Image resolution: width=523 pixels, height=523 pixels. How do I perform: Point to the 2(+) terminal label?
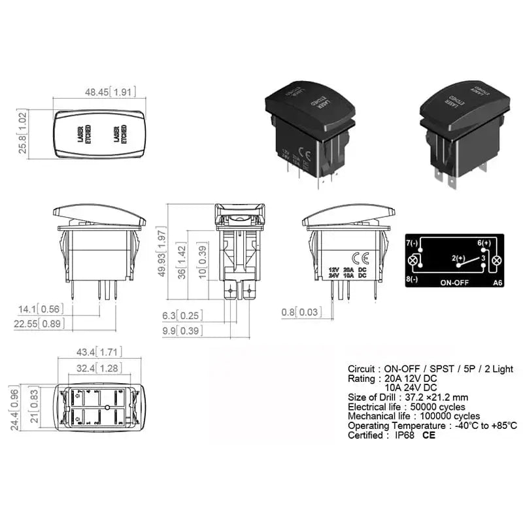click(458, 259)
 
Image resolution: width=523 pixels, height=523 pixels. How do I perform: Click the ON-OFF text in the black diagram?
click(455, 284)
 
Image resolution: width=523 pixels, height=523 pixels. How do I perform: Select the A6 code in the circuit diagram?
click(497, 284)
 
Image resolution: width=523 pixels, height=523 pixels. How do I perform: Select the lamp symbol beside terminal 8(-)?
click(413, 261)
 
